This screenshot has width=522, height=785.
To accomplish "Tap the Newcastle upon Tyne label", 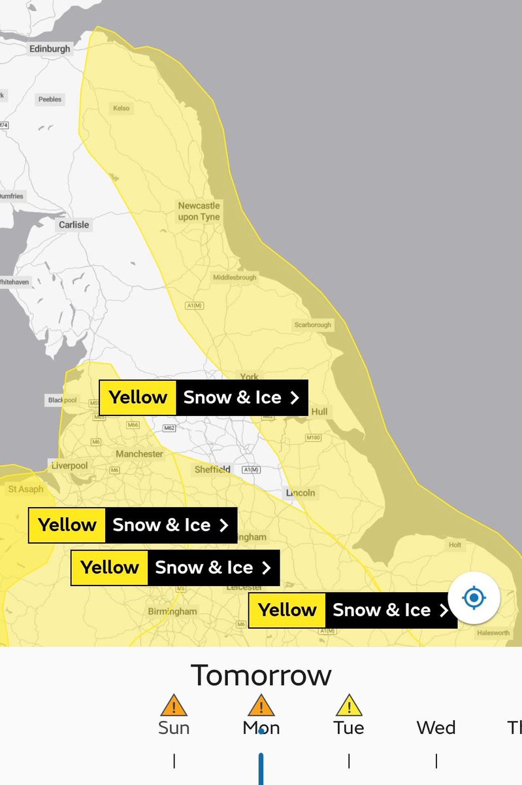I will pyautogui.click(x=199, y=211).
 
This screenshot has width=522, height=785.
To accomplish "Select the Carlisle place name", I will pyautogui.click(x=74, y=224).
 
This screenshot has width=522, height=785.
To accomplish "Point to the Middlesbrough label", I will pyautogui.click(x=235, y=278).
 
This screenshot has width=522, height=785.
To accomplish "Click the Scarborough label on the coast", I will pyautogui.click(x=313, y=324).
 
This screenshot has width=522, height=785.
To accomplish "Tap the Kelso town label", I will pyautogui.click(x=121, y=109).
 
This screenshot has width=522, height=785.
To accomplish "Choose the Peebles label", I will pyautogui.click(x=50, y=99).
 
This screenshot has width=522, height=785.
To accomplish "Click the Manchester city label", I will pyautogui.click(x=139, y=454).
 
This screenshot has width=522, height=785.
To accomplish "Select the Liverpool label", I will pyautogui.click(x=69, y=466).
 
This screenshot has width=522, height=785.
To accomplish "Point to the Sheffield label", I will pyautogui.click(x=212, y=470).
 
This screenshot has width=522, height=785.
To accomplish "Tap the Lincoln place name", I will pyautogui.click(x=301, y=493).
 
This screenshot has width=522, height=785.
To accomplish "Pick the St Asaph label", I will pyautogui.click(x=26, y=489).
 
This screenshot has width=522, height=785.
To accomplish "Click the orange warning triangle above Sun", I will pyautogui.click(x=174, y=705).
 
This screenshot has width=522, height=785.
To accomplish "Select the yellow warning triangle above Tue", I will pyautogui.click(x=349, y=705).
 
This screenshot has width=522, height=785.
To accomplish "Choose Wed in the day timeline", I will pyautogui.click(x=436, y=727).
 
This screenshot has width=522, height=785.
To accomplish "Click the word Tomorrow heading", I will pyautogui.click(x=261, y=675).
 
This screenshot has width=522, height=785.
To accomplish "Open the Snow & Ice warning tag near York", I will pyautogui.click(x=203, y=398).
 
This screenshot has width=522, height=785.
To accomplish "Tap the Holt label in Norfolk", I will pyautogui.click(x=455, y=545).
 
